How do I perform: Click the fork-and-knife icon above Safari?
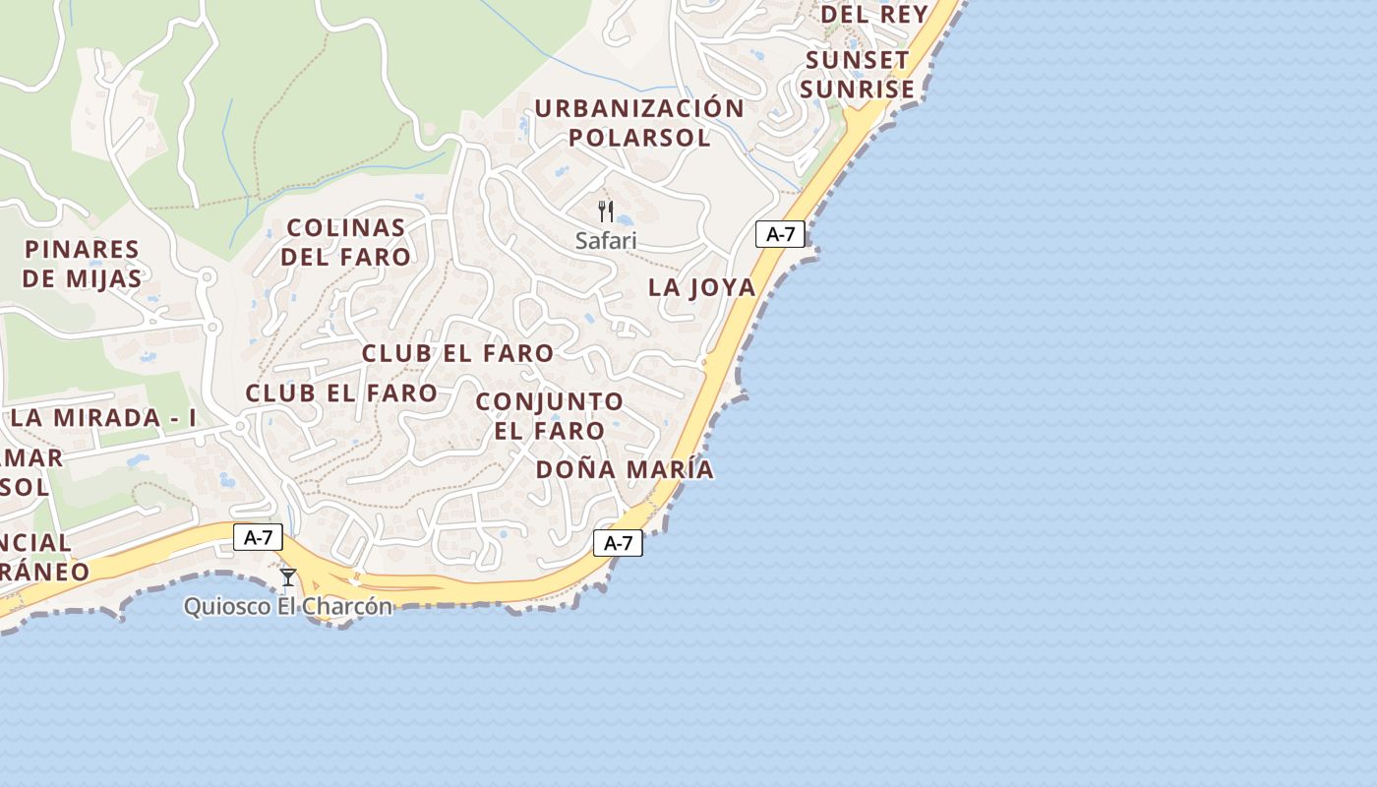coord(606,211)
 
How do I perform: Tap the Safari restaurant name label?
coord(606,240)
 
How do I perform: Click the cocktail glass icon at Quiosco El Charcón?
coord(288,576)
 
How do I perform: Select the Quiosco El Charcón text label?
coord(288,606)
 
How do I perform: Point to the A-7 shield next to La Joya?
coord(780,234)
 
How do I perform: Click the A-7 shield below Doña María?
coord(618,543)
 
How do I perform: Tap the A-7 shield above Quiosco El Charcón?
coord(259,537)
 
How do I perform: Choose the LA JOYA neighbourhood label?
coord(702,287)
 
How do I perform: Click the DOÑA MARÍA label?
coord(625,469)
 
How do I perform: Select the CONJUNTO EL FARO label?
coord(549,416)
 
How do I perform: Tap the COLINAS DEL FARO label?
coord(345,242)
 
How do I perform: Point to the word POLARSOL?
coord(639,138)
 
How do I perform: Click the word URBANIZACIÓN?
coord(639,108)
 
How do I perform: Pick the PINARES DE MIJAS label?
coord(83,264)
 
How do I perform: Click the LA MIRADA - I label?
coord(103,417)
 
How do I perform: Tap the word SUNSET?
coord(857,60)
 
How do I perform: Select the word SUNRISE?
coord(857,90)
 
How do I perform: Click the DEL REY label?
coord(874,15)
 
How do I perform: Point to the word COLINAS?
coord(346,227)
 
